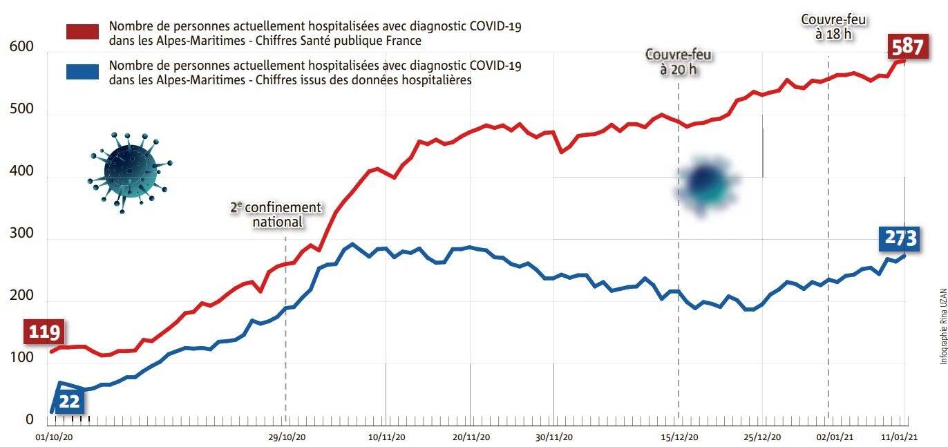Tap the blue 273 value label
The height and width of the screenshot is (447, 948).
[x=898, y=238]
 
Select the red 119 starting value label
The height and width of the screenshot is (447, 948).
[x=44, y=332]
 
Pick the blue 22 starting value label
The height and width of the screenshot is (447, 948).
[x=70, y=401]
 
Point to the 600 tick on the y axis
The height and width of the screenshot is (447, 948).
[x=20, y=47]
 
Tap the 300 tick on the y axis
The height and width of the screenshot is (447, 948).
[x=20, y=234]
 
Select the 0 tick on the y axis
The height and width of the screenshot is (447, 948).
[x=29, y=419]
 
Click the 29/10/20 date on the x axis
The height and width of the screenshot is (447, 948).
[x=286, y=437]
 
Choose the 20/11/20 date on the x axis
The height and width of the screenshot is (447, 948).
[x=471, y=437]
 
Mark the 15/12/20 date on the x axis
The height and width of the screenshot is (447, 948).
[x=679, y=437]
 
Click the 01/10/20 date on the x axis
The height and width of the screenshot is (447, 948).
[x=53, y=437]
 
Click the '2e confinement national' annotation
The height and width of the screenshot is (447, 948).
[x=277, y=215]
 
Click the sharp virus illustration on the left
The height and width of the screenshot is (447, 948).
[x=130, y=167]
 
